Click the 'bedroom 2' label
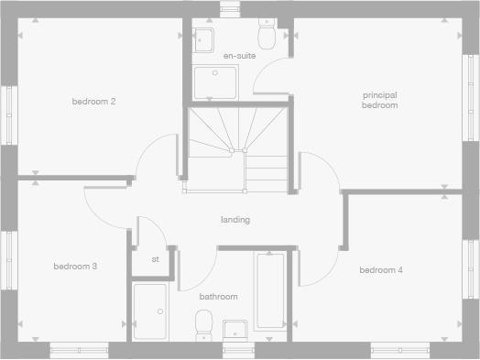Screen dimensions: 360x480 [x=93, y=101]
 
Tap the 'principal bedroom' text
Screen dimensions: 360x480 [x=379, y=100]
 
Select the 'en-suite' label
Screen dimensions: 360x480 [x=239, y=56]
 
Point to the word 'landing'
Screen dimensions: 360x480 [x=235, y=220]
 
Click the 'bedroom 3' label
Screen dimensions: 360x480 [x=75, y=267]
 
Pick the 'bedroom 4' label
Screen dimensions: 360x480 [x=380, y=270]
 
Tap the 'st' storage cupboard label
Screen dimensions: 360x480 [x=155, y=259]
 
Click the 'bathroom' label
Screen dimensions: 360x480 [x=219, y=297]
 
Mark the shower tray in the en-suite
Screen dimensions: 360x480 [x=214, y=82]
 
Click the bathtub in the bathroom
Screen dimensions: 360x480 [x=269, y=291]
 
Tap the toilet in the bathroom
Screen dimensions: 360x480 [x=203, y=324]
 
